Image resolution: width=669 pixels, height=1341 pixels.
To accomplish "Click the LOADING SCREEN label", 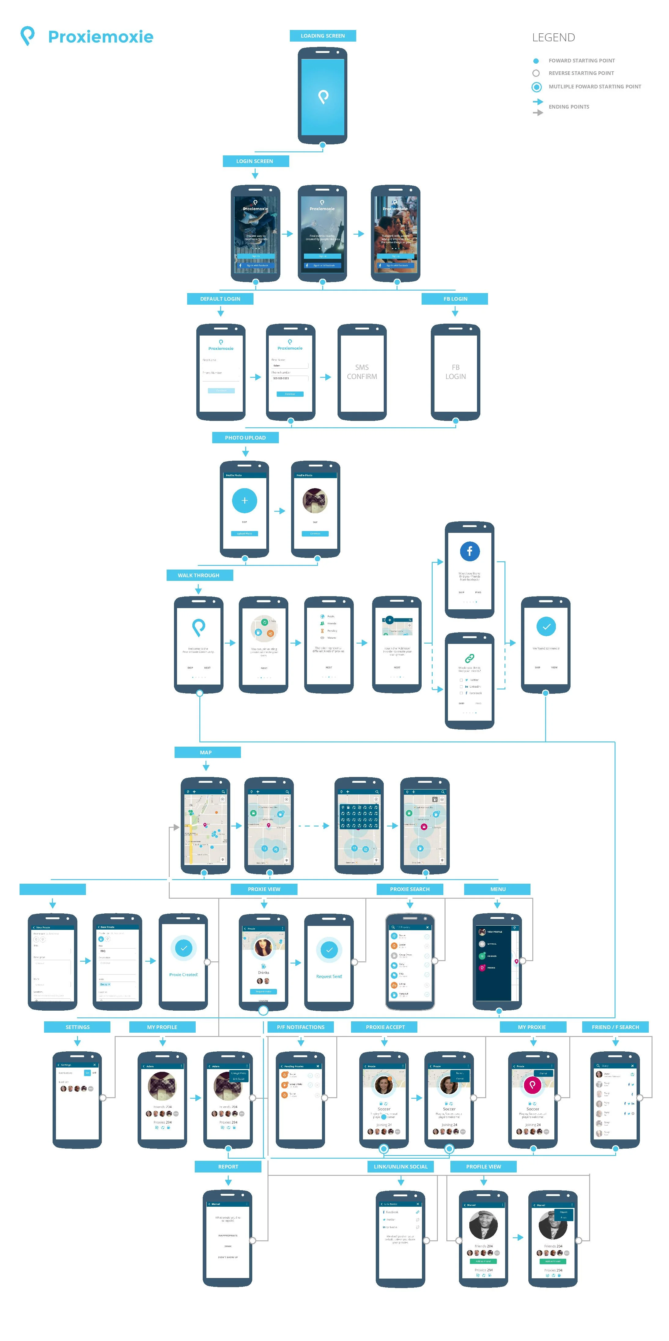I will (323, 36).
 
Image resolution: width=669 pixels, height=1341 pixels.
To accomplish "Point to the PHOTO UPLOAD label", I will (245, 438).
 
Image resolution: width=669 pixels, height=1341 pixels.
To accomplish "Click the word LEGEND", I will (553, 38).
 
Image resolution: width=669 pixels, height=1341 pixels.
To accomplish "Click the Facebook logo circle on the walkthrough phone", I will (469, 551).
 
